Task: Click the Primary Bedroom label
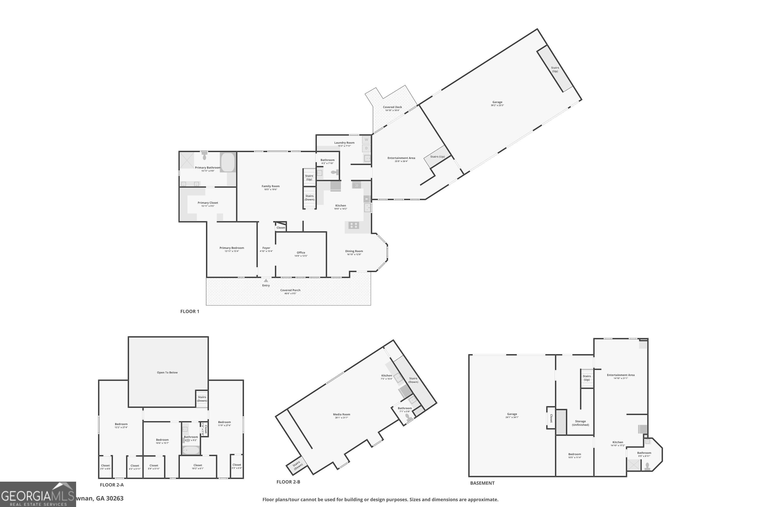pyautogui.click(x=232, y=248)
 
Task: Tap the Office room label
pyautogui.click(x=301, y=252)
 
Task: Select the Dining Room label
pyautogui.click(x=354, y=251)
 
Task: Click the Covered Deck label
pyautogui.click(x=392, y=107)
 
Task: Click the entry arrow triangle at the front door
pyautogui.click(x=266, y=280)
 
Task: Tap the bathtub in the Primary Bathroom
pyautogui.click(x=228, y=162)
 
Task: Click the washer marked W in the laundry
pyautogui.click(x=366, y=140)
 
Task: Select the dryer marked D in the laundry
pyautogui.click(x=366, y=148)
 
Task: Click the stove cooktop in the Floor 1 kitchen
pyautogui.click(x=354, y=225)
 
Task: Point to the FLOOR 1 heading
pyautogui.click(x=189, y=311)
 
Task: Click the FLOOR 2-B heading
pyautogui.click(x=288, y=482)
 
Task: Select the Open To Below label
pyautogui.click(x=167, y=372)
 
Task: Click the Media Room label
pyautogui.click(x=342, y=414)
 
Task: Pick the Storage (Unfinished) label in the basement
pyautogui.click(x=580, y=423)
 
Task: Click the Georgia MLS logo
pyautogui.click(x=38, y=494)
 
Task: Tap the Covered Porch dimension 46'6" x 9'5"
pyautogui.click(x=290, y=294)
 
